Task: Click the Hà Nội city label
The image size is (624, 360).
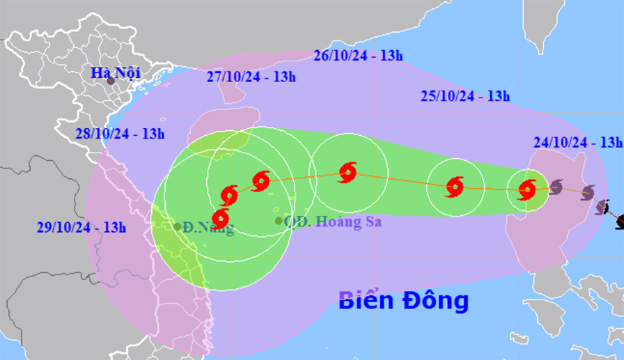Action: pyautogui.click(x=115, y=72)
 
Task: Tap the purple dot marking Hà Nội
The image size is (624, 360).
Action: pyautogui.click(x=111, y=81)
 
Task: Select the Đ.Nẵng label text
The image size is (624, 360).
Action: pyautogui.click(x=209, y=228)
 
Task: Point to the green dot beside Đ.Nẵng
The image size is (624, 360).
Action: pyautogui.click(x=178, y=226)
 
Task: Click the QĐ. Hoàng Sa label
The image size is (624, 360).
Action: pyautogui.click(x=324, y=222)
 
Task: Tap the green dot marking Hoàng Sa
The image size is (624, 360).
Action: pyautogui.click(x=279, y=221)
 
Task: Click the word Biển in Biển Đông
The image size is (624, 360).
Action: pyautogui.click(x=366, y=301)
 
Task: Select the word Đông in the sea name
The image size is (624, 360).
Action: pyautogui.click(x=435, y=301)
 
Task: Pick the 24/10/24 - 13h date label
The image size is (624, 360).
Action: pyautogui.click(x=577, y=142)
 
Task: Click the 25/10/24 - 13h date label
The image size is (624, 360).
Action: pyautogui.click(x=466, y=96)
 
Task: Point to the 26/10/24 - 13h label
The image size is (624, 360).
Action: pyautogui.click(x=358, y=56)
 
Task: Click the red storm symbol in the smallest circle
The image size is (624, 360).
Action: pyautogui.click(x=527, y=189)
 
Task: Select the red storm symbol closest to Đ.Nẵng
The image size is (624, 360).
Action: pyautogui.click(x=220, y=219)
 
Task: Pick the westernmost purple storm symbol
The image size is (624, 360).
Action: pyautogui.click(x=556, y=187)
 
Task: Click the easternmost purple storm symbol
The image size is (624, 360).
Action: pyautogui.click(x=602, y=208)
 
